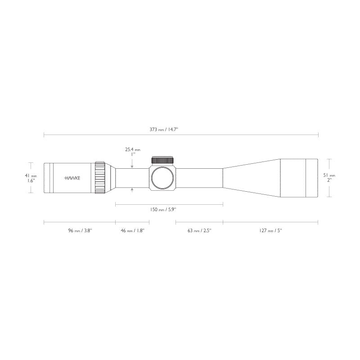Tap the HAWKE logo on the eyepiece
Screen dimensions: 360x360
click(x=72, y=178)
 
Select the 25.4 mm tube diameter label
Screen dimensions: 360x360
click(x=132, y=149)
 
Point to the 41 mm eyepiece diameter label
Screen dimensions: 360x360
click(x=31, y=175)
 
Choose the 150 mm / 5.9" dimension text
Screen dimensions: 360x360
click(x=170, y=209)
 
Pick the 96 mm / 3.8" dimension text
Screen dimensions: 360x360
click(x=80, y=230)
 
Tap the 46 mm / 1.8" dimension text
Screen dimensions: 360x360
click(x=132, y=230)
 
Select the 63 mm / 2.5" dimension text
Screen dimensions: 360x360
click(x=199, y=230)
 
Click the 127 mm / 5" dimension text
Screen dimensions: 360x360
click(x=270, y=230)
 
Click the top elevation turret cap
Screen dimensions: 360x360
click(x=162, y=161)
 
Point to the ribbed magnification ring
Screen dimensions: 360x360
click(x=100, y=178)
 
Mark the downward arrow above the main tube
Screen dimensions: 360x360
click(x=132, y=166)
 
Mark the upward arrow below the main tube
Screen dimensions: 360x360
click(x=132, y=189)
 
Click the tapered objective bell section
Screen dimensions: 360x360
click(x=252, y=178)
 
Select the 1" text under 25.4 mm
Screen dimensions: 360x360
click(x=132, y=154)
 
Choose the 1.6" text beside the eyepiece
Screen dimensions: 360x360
click(x=31, y=180)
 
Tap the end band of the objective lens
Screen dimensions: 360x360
click(x=312, y=178)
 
